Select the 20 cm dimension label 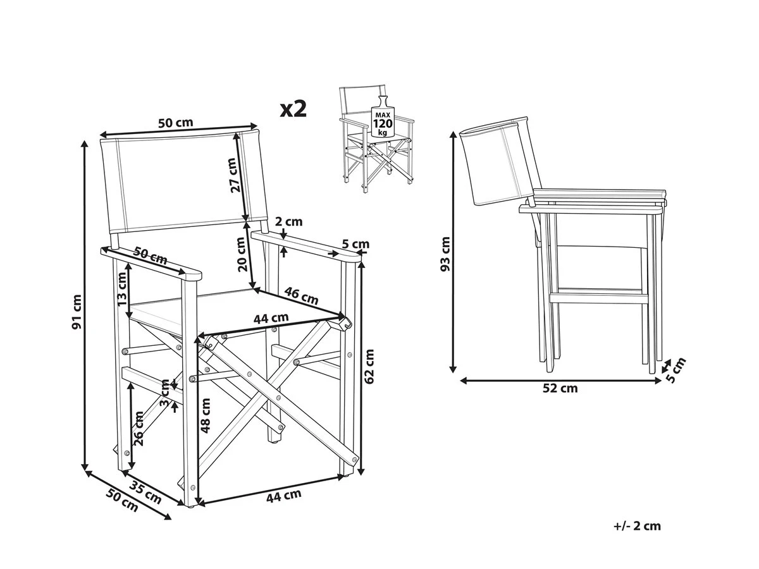pyautogui.click(x=242, y=255)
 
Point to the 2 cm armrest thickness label pyautogui.click(x=290, y=221)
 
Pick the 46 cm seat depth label pyautogui.click(x=300, y=295)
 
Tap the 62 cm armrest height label pyautogui.click(x=370, y=367)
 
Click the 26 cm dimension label pyautogui.click(x=139, y=429)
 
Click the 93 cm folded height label pyautogui.click(x=446, y=254)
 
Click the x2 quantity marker pyautogui.click(x=293, y=109)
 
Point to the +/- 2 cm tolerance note pyautogui.click(x=637, y=526)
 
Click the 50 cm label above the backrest pyautogui.click(x=175, y=123)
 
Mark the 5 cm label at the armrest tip pyautogui.click(x=355, y=244)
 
